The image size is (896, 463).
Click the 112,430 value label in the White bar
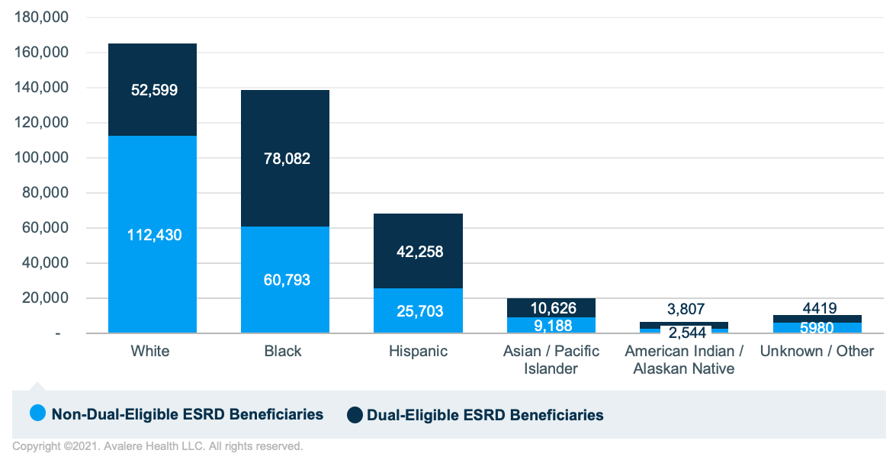coord(154,236)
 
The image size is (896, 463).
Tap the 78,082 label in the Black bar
coord(285,159)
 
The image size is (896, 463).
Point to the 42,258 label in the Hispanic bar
coord(418,252)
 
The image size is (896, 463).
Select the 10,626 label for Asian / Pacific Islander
coord(551,308)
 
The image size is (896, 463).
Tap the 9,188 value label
coord(551,326)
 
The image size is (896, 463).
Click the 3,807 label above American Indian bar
coord(684,309)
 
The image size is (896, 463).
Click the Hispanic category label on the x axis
coord(418,352)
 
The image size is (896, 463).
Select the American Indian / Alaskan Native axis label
coord(684,360)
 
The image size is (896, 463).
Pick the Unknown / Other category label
coord(817,352)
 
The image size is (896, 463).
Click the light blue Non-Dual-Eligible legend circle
coord(38,414)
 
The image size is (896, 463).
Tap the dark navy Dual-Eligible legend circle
coord(355,415)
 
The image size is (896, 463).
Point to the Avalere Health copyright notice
coord(158,446)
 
